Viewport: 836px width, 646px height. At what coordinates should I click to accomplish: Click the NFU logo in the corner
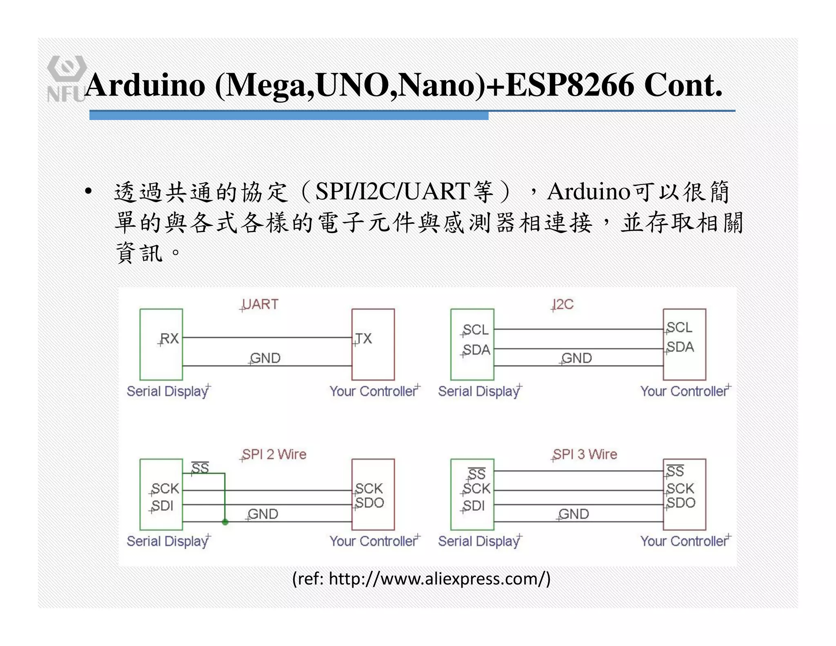coord(66,78)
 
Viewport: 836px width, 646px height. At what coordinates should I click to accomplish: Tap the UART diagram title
coord(260,304)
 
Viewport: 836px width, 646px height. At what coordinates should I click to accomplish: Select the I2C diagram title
coord(563,304)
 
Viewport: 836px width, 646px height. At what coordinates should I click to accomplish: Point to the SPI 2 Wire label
coord(274,454)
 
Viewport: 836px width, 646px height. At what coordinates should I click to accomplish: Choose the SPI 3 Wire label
coord(585,454)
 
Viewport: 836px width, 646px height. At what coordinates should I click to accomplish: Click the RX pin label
coord(169,339)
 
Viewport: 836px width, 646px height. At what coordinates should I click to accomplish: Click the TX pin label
coord(363,339)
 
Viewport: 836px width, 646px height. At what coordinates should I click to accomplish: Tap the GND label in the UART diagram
coord(265,358)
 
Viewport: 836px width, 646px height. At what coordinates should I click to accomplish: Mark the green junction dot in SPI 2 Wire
coord(225,522)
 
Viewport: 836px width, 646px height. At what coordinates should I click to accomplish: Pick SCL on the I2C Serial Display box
coord(476,330)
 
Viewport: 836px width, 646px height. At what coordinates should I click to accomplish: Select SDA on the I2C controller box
coord(680,347)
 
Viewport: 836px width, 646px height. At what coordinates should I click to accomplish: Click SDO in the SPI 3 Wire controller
coord(681,503)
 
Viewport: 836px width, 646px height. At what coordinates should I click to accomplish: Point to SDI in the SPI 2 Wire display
coord(162,506)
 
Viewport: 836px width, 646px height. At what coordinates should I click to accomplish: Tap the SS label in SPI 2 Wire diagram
coord(200,468)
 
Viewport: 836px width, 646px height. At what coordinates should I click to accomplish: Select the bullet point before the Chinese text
coord(88,192)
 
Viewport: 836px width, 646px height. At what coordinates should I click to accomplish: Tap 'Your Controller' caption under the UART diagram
coord(374,391)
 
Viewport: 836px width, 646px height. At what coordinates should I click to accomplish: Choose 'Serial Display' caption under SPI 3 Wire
coord(479,541)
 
